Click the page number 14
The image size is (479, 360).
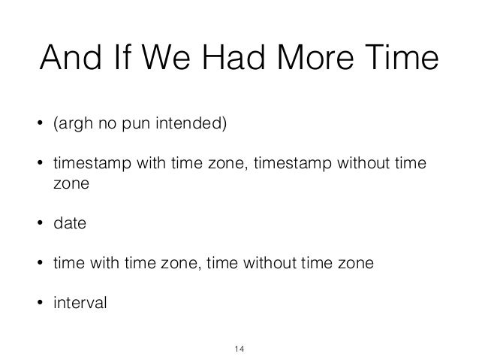pyautogui.click(x=239, y=347)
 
